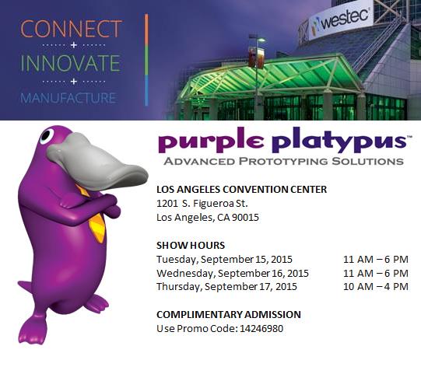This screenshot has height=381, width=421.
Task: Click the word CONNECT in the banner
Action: click(71, 30)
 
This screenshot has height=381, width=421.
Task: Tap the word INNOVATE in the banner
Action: click(71, 63)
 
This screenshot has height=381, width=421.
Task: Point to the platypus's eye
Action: click(47, 138)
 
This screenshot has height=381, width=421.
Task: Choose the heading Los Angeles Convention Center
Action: click(241, 189)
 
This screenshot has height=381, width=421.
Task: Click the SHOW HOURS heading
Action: click(191, 246)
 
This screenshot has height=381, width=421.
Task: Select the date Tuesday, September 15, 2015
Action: click(224, 259)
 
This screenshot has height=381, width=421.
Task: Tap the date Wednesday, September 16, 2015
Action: click(233, 273)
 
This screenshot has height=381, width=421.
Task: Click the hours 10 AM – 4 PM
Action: click(376, 286)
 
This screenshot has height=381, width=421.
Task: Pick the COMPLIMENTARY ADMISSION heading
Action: click(229, 314)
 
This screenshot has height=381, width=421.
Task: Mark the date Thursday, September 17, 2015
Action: click(226, 286)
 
